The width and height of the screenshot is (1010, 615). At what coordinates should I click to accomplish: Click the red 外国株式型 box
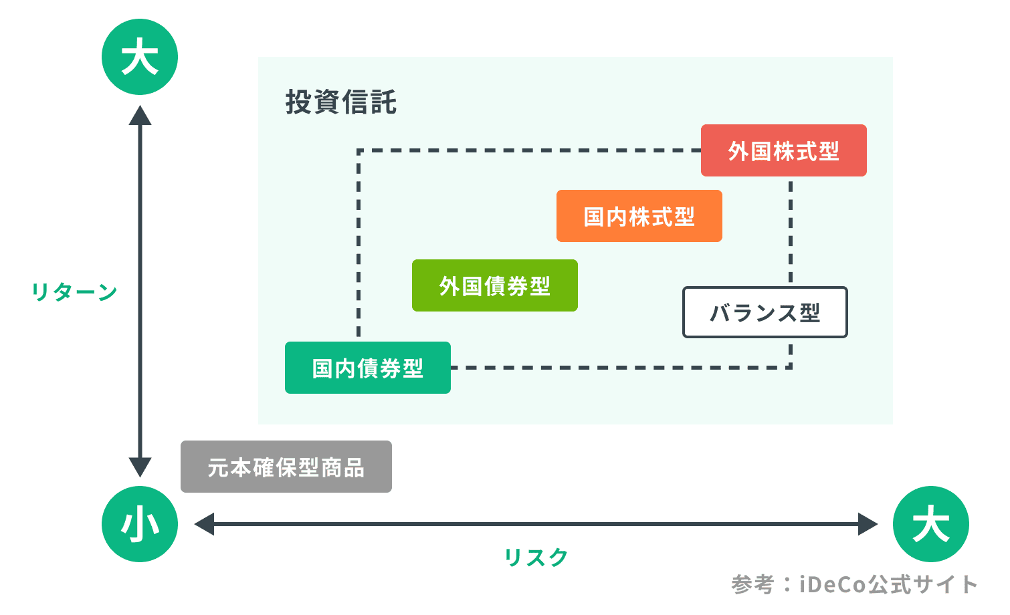(783, 150)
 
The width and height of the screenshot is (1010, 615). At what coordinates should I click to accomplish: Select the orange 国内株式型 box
(639, 216)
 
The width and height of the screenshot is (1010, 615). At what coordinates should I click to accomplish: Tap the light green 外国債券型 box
(494, 285)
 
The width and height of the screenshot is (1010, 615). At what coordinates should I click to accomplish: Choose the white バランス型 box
(765, 312)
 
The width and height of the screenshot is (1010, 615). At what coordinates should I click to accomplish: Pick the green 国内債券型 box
(367, 368)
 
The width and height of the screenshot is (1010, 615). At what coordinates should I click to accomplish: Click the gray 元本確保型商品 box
(286, 467)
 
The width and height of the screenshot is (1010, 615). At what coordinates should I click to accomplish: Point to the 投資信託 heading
(340, 102)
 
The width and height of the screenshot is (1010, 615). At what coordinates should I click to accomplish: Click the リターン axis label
(74, 291)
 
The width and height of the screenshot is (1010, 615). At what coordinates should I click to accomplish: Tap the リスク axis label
(536, 557)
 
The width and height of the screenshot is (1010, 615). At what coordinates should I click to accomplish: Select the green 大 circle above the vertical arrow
(140, 57)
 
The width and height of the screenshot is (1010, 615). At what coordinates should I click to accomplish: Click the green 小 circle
(140, 524)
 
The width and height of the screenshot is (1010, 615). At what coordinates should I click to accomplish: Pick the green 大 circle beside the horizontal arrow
(930, 524)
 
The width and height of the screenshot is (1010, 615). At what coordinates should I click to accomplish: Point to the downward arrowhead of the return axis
(140, 467)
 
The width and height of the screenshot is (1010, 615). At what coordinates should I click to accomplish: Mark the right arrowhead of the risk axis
(868, 524)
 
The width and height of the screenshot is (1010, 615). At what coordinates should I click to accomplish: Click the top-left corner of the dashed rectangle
(359, 151)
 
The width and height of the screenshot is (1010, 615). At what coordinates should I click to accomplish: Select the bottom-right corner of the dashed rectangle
(791, 367)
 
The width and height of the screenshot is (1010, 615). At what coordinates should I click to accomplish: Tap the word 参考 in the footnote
(752, 585)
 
